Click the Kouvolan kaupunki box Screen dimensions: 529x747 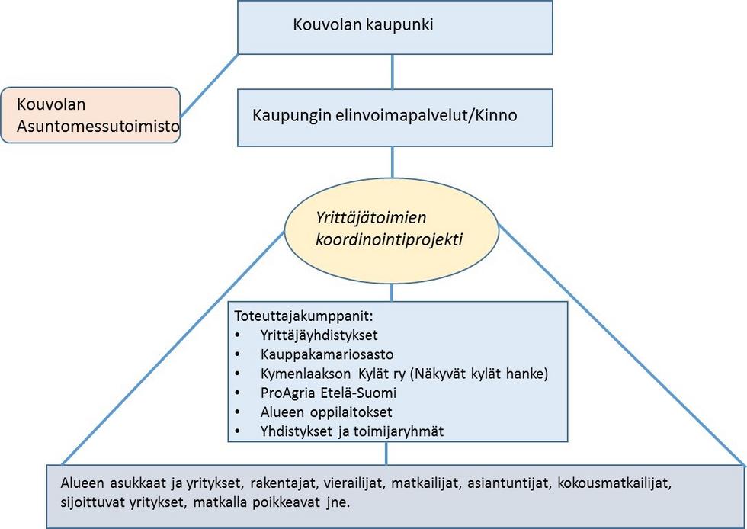pyautogui.click(x=395, y=27)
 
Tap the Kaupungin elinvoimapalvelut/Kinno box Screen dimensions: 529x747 pyautogui.click(x=395, y=117)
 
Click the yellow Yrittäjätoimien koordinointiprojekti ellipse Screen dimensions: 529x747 pyautogui.click(x=392, y=229)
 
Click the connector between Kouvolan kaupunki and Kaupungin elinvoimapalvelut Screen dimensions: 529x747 pyautogui.click(x=393, y=71)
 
